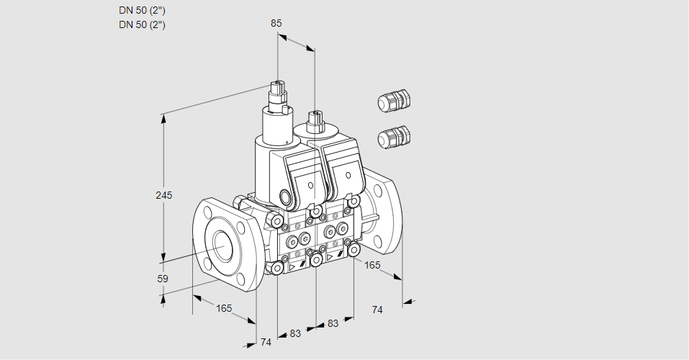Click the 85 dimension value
pos(276,23)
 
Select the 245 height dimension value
pos(164,195)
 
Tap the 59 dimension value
pos(163,279)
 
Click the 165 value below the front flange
pos(224,308)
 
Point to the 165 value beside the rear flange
pos(372,265)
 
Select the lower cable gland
pos(394,137)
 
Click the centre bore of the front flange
pos(224,243)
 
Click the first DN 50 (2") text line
pos(142,11)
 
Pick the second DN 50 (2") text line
pos(142,24)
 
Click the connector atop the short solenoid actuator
pos(315,121)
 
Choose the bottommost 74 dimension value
pos(266,342)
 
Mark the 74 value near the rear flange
pos(377,310)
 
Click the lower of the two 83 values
pos(295,333)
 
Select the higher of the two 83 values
pos(333,323)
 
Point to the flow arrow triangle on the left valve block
pos(292,267)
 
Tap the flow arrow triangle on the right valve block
pos(330,257)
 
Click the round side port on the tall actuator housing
pos(286,196)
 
